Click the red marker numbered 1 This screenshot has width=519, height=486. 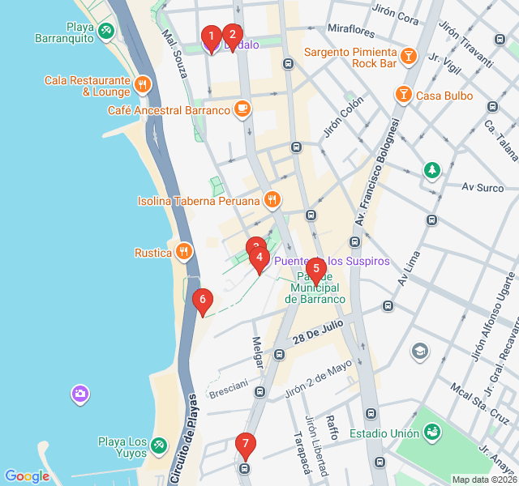(x=211, y=36)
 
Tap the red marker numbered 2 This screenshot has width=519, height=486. (x=232, y=35)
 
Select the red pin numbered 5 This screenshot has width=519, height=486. (x=315, y=269)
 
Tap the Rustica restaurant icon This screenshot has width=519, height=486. (x=184, y=252)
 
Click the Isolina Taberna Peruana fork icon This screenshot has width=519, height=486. (x=272, y=200)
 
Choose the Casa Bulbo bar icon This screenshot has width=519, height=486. (x=403, y=95)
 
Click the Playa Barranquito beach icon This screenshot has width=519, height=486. (x=105, y=31)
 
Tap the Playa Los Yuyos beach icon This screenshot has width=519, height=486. (x=159, y=445)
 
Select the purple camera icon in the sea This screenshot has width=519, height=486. (x=79, y=394)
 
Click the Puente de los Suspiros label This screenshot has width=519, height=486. (x=332, y=262)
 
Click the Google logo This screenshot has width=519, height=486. (x=27, y=476)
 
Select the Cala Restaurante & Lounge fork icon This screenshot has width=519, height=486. (x=143, y=84)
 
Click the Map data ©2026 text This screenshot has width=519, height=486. (x=483, y=480)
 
